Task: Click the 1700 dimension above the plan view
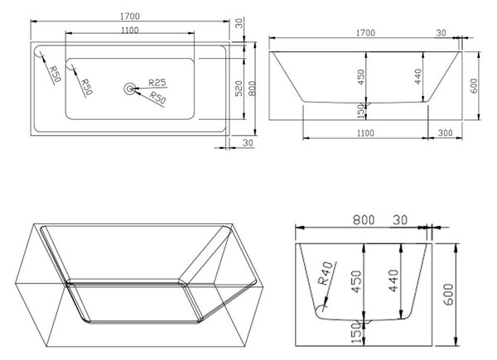130,17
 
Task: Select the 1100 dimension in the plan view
130,31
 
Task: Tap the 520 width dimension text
239,89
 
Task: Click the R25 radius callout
157,83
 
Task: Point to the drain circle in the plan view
129,89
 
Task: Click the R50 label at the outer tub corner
55,74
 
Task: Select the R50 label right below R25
157,98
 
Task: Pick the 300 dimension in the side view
445,133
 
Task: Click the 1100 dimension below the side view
365,133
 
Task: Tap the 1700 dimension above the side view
366,33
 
